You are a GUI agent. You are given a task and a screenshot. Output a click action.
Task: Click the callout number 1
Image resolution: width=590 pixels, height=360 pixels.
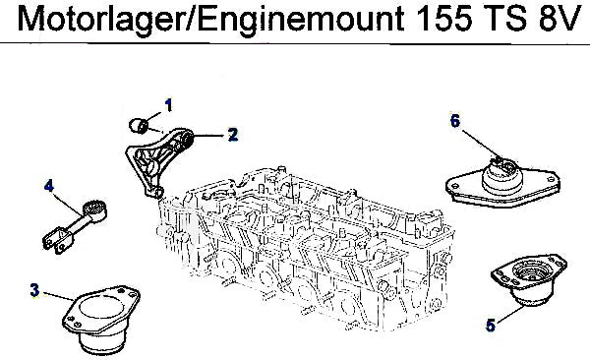(168, 105)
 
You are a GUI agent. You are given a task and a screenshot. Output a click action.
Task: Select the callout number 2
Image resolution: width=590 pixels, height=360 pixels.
(233, 135)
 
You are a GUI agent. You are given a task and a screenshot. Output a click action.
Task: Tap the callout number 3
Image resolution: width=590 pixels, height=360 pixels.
(34, 290)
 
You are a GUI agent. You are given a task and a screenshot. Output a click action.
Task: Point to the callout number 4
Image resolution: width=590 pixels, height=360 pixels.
(49, 186)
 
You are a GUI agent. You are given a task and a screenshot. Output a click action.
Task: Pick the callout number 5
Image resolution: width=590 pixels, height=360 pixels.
(491, 325)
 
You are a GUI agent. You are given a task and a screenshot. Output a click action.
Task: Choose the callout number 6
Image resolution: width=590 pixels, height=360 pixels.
(455, 121)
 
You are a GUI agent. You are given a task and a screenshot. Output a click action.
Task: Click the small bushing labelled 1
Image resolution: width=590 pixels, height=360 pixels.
(139, 125)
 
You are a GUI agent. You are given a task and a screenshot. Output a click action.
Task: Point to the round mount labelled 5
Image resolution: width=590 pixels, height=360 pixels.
(529, 279)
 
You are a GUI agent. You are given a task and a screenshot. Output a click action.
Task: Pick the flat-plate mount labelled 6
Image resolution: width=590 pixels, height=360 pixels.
(502, 182)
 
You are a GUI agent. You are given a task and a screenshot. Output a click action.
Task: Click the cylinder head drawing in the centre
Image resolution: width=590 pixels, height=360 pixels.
(306, 249)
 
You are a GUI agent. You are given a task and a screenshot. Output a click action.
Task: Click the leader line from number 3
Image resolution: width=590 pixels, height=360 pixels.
(59, 296)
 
